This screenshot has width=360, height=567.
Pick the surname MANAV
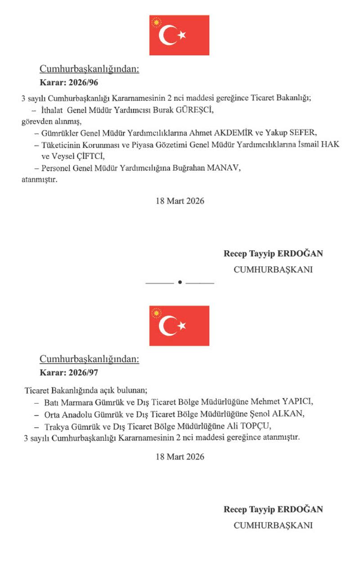pos(227,168)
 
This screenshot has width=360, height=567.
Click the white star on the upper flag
pos(181,35)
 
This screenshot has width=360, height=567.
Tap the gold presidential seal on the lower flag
pos(157,313)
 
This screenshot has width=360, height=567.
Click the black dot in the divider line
pos(180,282)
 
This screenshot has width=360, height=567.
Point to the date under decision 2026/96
pos(180,201)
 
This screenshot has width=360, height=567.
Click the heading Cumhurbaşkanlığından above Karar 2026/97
pos(90,359)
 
